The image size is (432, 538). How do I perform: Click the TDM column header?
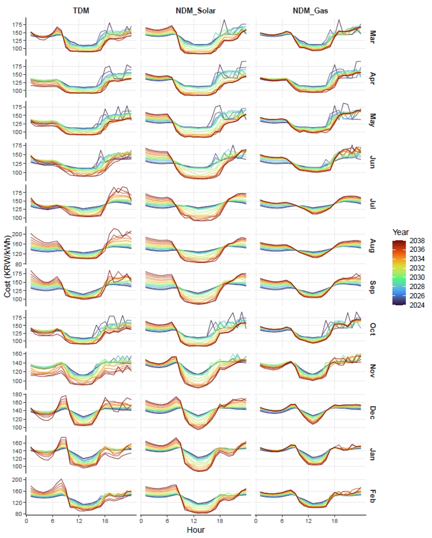point(81,11)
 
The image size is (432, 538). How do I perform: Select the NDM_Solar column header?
point(196,11)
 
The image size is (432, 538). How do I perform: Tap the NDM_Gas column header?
point(310,11)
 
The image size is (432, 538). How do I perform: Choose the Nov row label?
point(372,369)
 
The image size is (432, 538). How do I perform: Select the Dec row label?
point(372,411)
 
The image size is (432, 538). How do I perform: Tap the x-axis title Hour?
point(196,530)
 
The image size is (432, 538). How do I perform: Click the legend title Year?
point(400,232)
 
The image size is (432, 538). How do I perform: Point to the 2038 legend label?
point(418,240)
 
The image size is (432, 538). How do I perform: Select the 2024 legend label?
point(418,305)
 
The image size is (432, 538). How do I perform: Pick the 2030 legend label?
point(418,277)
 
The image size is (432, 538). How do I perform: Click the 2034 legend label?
point(418,258)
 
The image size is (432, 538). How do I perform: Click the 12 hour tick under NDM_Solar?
point(195,521)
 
